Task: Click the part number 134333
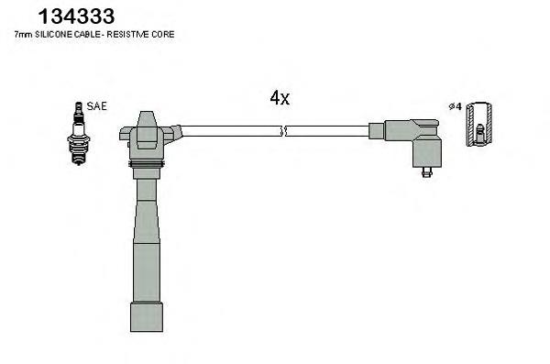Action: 76,17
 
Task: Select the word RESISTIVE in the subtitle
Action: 128,35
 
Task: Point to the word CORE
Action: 163,35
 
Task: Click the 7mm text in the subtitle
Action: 23,35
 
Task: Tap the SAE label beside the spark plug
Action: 96,106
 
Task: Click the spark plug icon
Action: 79,133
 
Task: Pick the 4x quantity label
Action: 280,97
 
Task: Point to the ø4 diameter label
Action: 456,106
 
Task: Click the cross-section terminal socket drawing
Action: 478,124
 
